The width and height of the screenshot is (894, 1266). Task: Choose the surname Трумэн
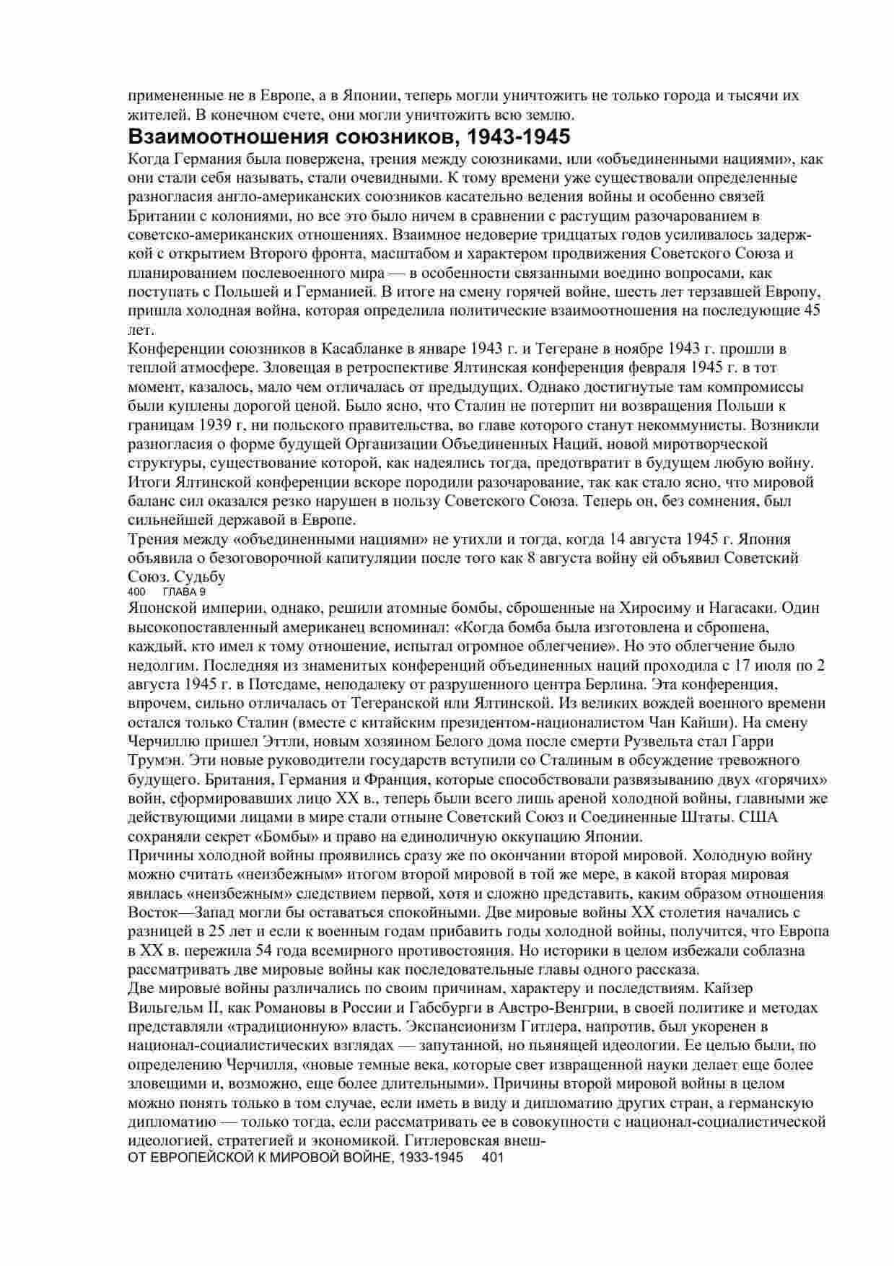150,761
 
